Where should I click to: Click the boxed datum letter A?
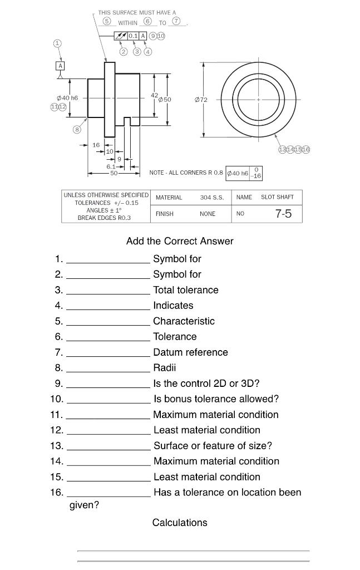pos(60,65)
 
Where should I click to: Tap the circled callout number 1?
pos(57,43)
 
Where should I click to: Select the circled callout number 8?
pos(77,130)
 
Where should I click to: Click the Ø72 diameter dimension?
pos(201,100)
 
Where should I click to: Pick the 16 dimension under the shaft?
pos(96,145)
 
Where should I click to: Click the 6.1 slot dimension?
pos(111,166)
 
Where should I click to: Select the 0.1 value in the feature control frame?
pos(133,36)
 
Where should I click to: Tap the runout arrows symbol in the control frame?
pos(121,36)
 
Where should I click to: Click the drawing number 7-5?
pos(283,214)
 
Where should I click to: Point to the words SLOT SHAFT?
pos(277,198)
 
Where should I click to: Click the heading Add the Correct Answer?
pos(180,241)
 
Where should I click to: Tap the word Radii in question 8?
pos(165,368)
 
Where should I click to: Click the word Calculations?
pos(180,523)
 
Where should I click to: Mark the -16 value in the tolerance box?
pos(256,176)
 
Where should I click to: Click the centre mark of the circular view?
pos(258,100)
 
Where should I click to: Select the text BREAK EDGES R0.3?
pos(105,218)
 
